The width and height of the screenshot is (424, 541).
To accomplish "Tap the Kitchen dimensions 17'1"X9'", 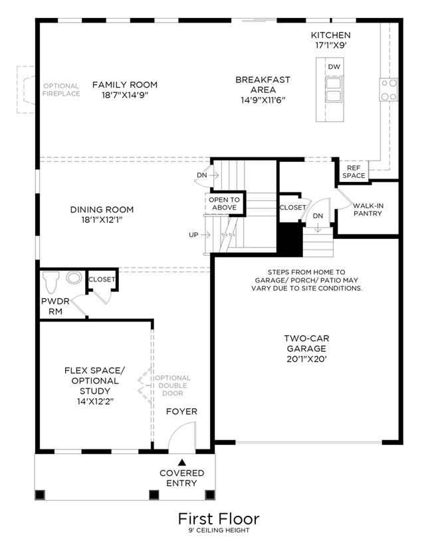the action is point(331,45).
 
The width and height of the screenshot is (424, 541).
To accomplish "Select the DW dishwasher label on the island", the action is point(334,66).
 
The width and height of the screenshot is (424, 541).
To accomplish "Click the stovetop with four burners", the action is point(389,90).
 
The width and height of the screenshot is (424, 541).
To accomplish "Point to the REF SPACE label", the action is point(354,171).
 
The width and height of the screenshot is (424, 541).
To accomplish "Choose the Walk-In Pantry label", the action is point(368,210).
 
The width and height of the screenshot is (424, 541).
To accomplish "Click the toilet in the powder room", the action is point(51,281).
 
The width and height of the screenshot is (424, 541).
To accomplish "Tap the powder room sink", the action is point(74,277).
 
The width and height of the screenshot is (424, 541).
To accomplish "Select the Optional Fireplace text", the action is point(61,90).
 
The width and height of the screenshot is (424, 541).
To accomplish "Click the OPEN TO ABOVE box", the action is point(225,204).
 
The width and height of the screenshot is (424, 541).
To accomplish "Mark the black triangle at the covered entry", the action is point(182,462).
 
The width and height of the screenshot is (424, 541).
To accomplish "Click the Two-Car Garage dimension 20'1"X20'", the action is point(307,359).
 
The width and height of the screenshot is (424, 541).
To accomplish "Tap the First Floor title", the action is point(219,519).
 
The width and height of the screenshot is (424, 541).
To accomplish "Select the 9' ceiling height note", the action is point(219,530).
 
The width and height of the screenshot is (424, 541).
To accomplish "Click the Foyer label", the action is point(182,412).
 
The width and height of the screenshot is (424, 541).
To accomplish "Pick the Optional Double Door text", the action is point(173,386).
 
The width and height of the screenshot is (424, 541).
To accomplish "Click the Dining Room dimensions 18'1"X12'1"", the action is point(102,220).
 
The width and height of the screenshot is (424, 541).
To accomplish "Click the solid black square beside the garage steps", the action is point(290,240).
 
